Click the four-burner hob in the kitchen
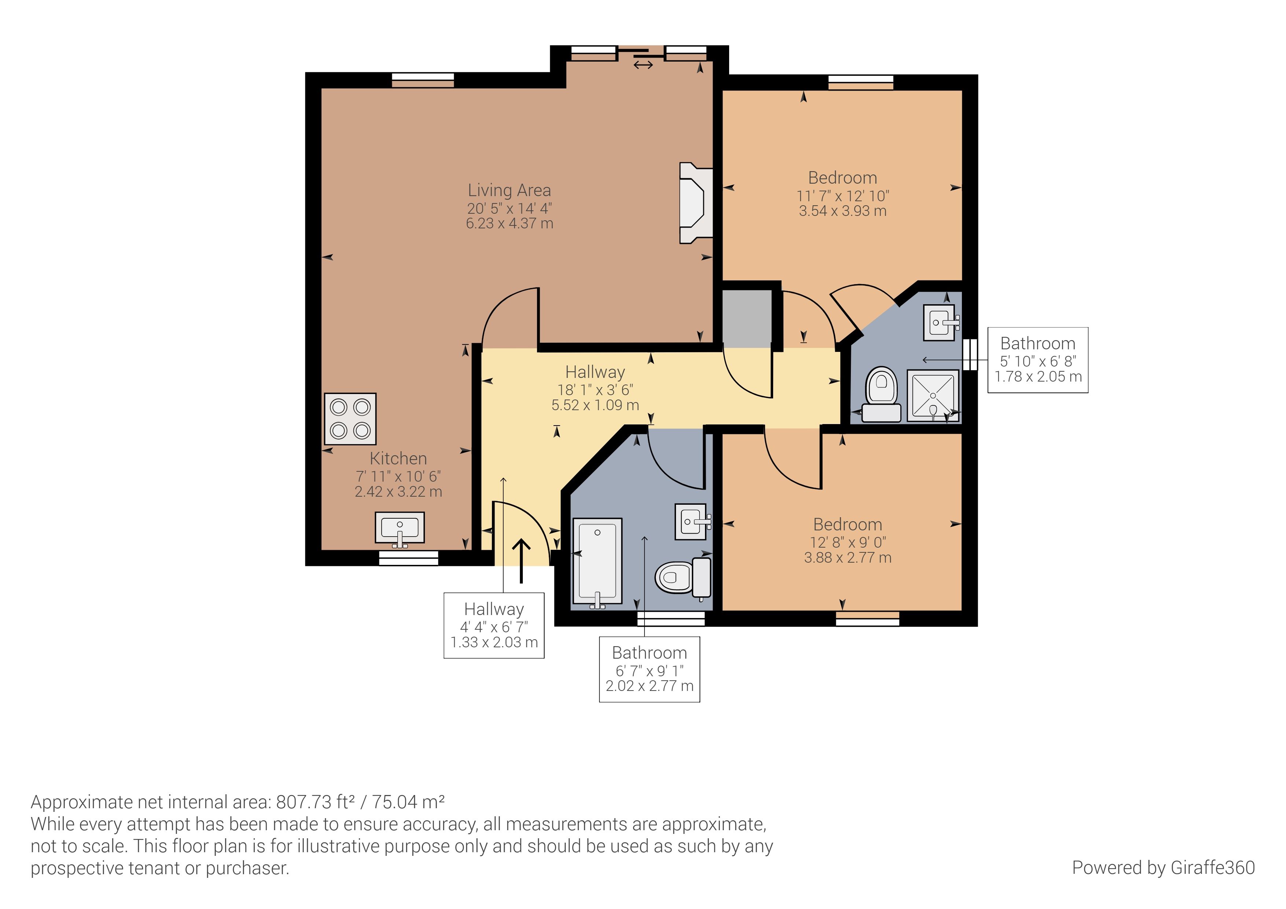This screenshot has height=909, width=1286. pyautogui.click(x=350, y=419)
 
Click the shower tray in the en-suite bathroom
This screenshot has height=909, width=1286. pyautogui.click(x=933, y=395)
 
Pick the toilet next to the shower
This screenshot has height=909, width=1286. pyautogui.click(x=882, y=394)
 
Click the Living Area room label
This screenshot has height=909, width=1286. pyautogui.click(x=509, y=191)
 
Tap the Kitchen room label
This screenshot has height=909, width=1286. pyautogui.click(x=398, y=458)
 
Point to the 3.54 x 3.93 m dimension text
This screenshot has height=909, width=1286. pyautogui.click(x=842, y=211)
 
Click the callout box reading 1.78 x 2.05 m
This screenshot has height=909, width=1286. pyautogui.click(x=1038, y=360)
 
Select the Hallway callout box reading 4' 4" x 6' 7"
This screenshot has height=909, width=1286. pyautogui.click(x=494, y=626)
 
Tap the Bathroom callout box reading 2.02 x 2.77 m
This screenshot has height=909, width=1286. pyautogui.click(x=650, y=669)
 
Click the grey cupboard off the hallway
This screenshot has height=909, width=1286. pyautogui.click(x=747, y=319)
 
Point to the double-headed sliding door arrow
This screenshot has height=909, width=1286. pyautogui.click(x=643, y=65)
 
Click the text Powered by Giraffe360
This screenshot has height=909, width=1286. pyautogui.click(x=1163, y=868)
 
